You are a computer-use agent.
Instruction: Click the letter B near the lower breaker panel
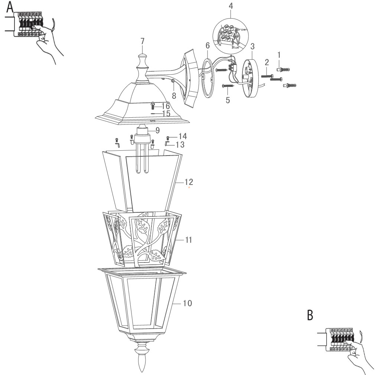(310, 315)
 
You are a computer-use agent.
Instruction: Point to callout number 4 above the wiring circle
(231, 6)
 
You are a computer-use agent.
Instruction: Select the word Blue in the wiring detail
(235, 48)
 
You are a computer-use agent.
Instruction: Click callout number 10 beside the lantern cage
(187, 303)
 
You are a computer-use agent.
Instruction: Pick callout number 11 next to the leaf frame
(188, 240)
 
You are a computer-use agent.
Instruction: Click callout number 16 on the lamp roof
(165, 106)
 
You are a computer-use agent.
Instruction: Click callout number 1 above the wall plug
(278, 55)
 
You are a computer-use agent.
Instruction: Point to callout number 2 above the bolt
(266, 62)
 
